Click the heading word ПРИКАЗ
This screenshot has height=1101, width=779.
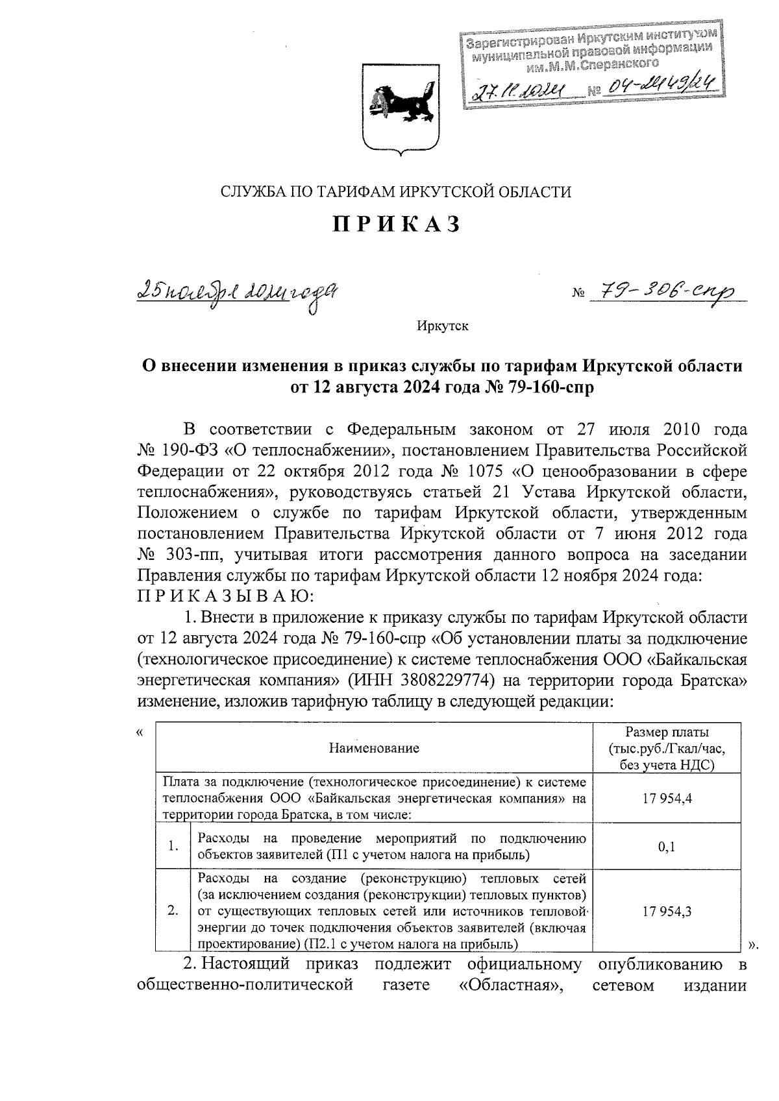397,224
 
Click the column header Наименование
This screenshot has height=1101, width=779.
374,748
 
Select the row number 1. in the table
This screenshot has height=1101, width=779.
173,847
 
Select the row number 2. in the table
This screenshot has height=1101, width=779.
173,911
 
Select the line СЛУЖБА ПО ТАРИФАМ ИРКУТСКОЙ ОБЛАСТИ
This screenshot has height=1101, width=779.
396,191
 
